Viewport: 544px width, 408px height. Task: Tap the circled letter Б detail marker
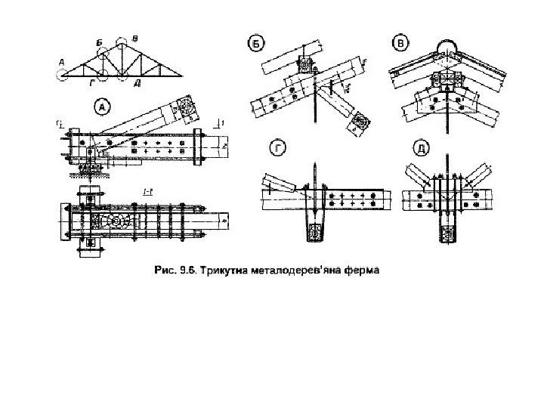[256, 45]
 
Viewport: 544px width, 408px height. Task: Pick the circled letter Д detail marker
[419, 150]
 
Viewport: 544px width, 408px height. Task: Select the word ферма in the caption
[360, 267]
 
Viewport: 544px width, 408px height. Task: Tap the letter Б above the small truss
[99, 42]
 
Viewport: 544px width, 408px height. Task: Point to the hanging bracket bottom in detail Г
[314, 234]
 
